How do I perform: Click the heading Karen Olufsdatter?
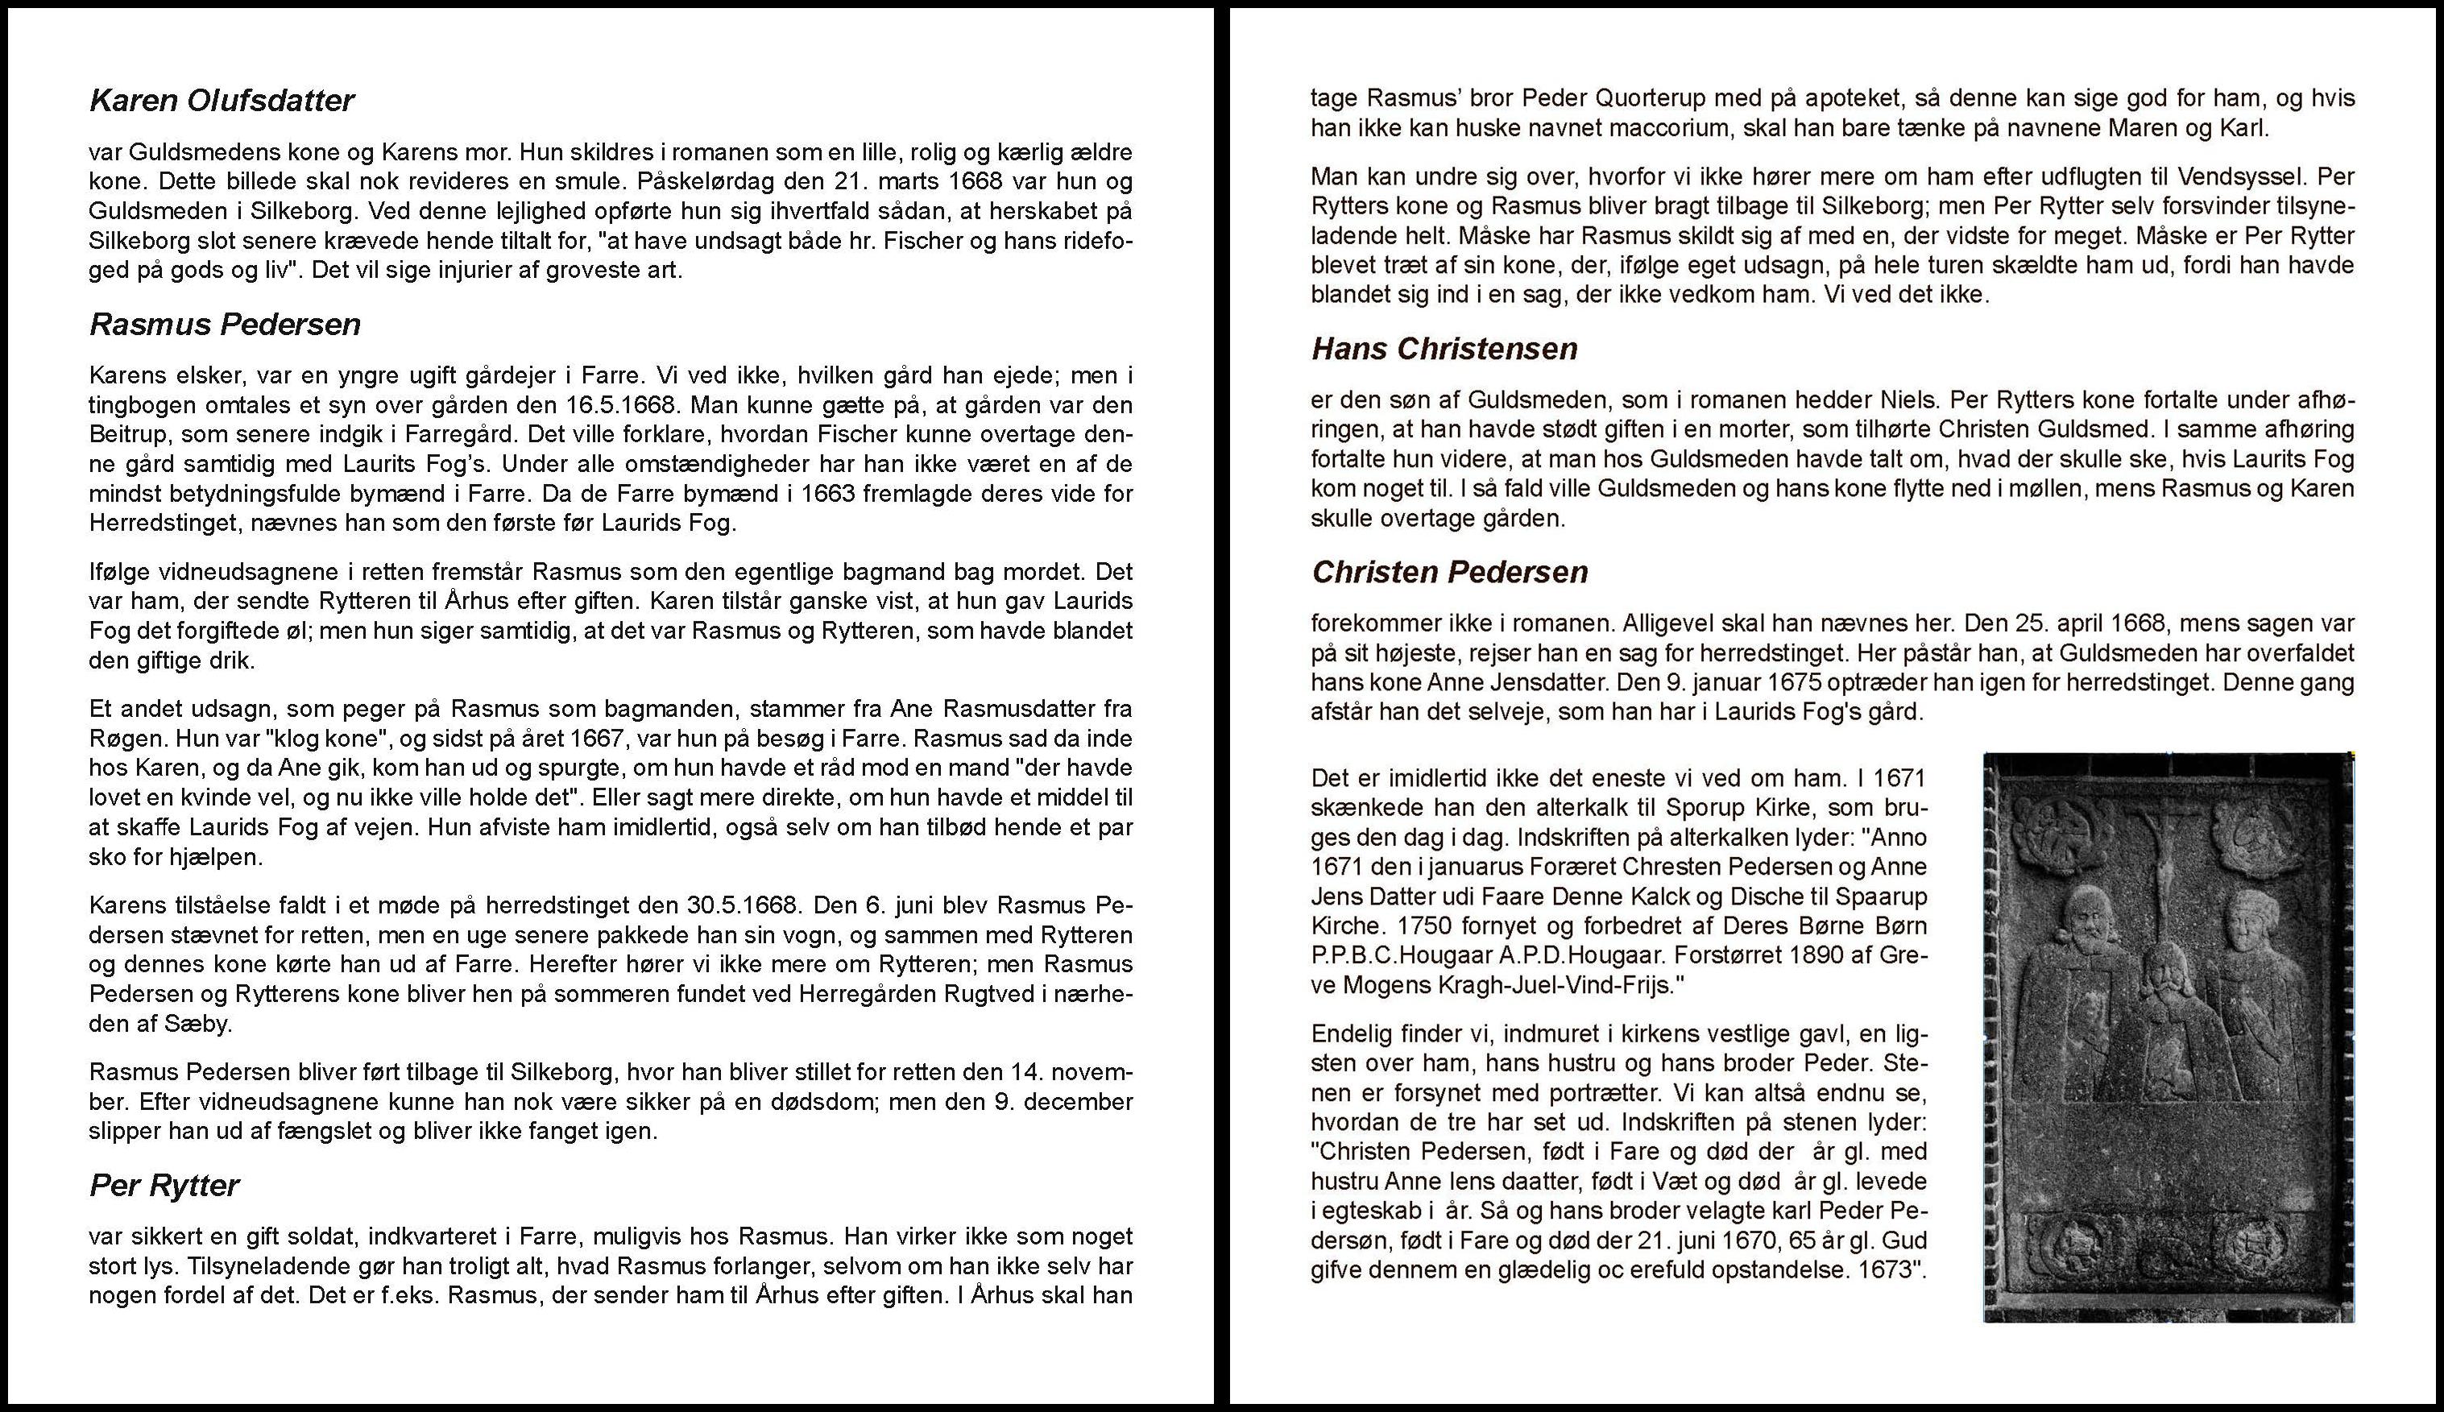pyautogui.click(x=222, y=101)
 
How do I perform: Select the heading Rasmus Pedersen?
pyautogui.click(x=225, y=324)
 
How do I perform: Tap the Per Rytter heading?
pyautogui.click(x=164, y=1185)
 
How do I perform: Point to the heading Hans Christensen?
pyautogui.click(x=1444, y=349)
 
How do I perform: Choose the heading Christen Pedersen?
pyautogui.click(x=1449, y=572)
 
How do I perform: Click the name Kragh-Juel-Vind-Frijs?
pyautogui.click(x=1536, y=985)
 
